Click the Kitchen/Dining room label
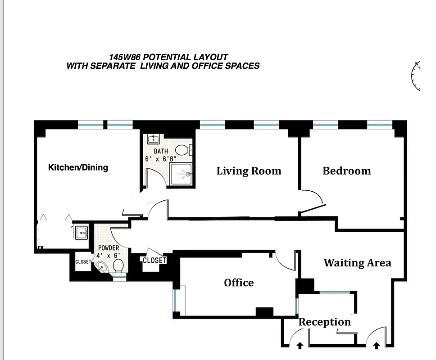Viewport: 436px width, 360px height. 78,167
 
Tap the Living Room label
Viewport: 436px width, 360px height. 249,171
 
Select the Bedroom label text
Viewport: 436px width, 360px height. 346,171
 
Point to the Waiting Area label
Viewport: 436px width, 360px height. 357,263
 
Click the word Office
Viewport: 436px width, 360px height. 239,283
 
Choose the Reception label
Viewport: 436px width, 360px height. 324,322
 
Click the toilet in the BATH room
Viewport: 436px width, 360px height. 182,150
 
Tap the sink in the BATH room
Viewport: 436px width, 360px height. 152,139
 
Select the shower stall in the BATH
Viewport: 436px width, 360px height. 182,174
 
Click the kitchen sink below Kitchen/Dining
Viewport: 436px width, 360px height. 82,233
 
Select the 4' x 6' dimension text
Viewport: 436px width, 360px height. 109,255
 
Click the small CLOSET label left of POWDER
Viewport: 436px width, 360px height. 83,261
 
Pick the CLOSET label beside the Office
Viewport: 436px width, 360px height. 154,260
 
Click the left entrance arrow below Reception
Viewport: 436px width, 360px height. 300,345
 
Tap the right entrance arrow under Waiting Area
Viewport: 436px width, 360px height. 377,345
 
